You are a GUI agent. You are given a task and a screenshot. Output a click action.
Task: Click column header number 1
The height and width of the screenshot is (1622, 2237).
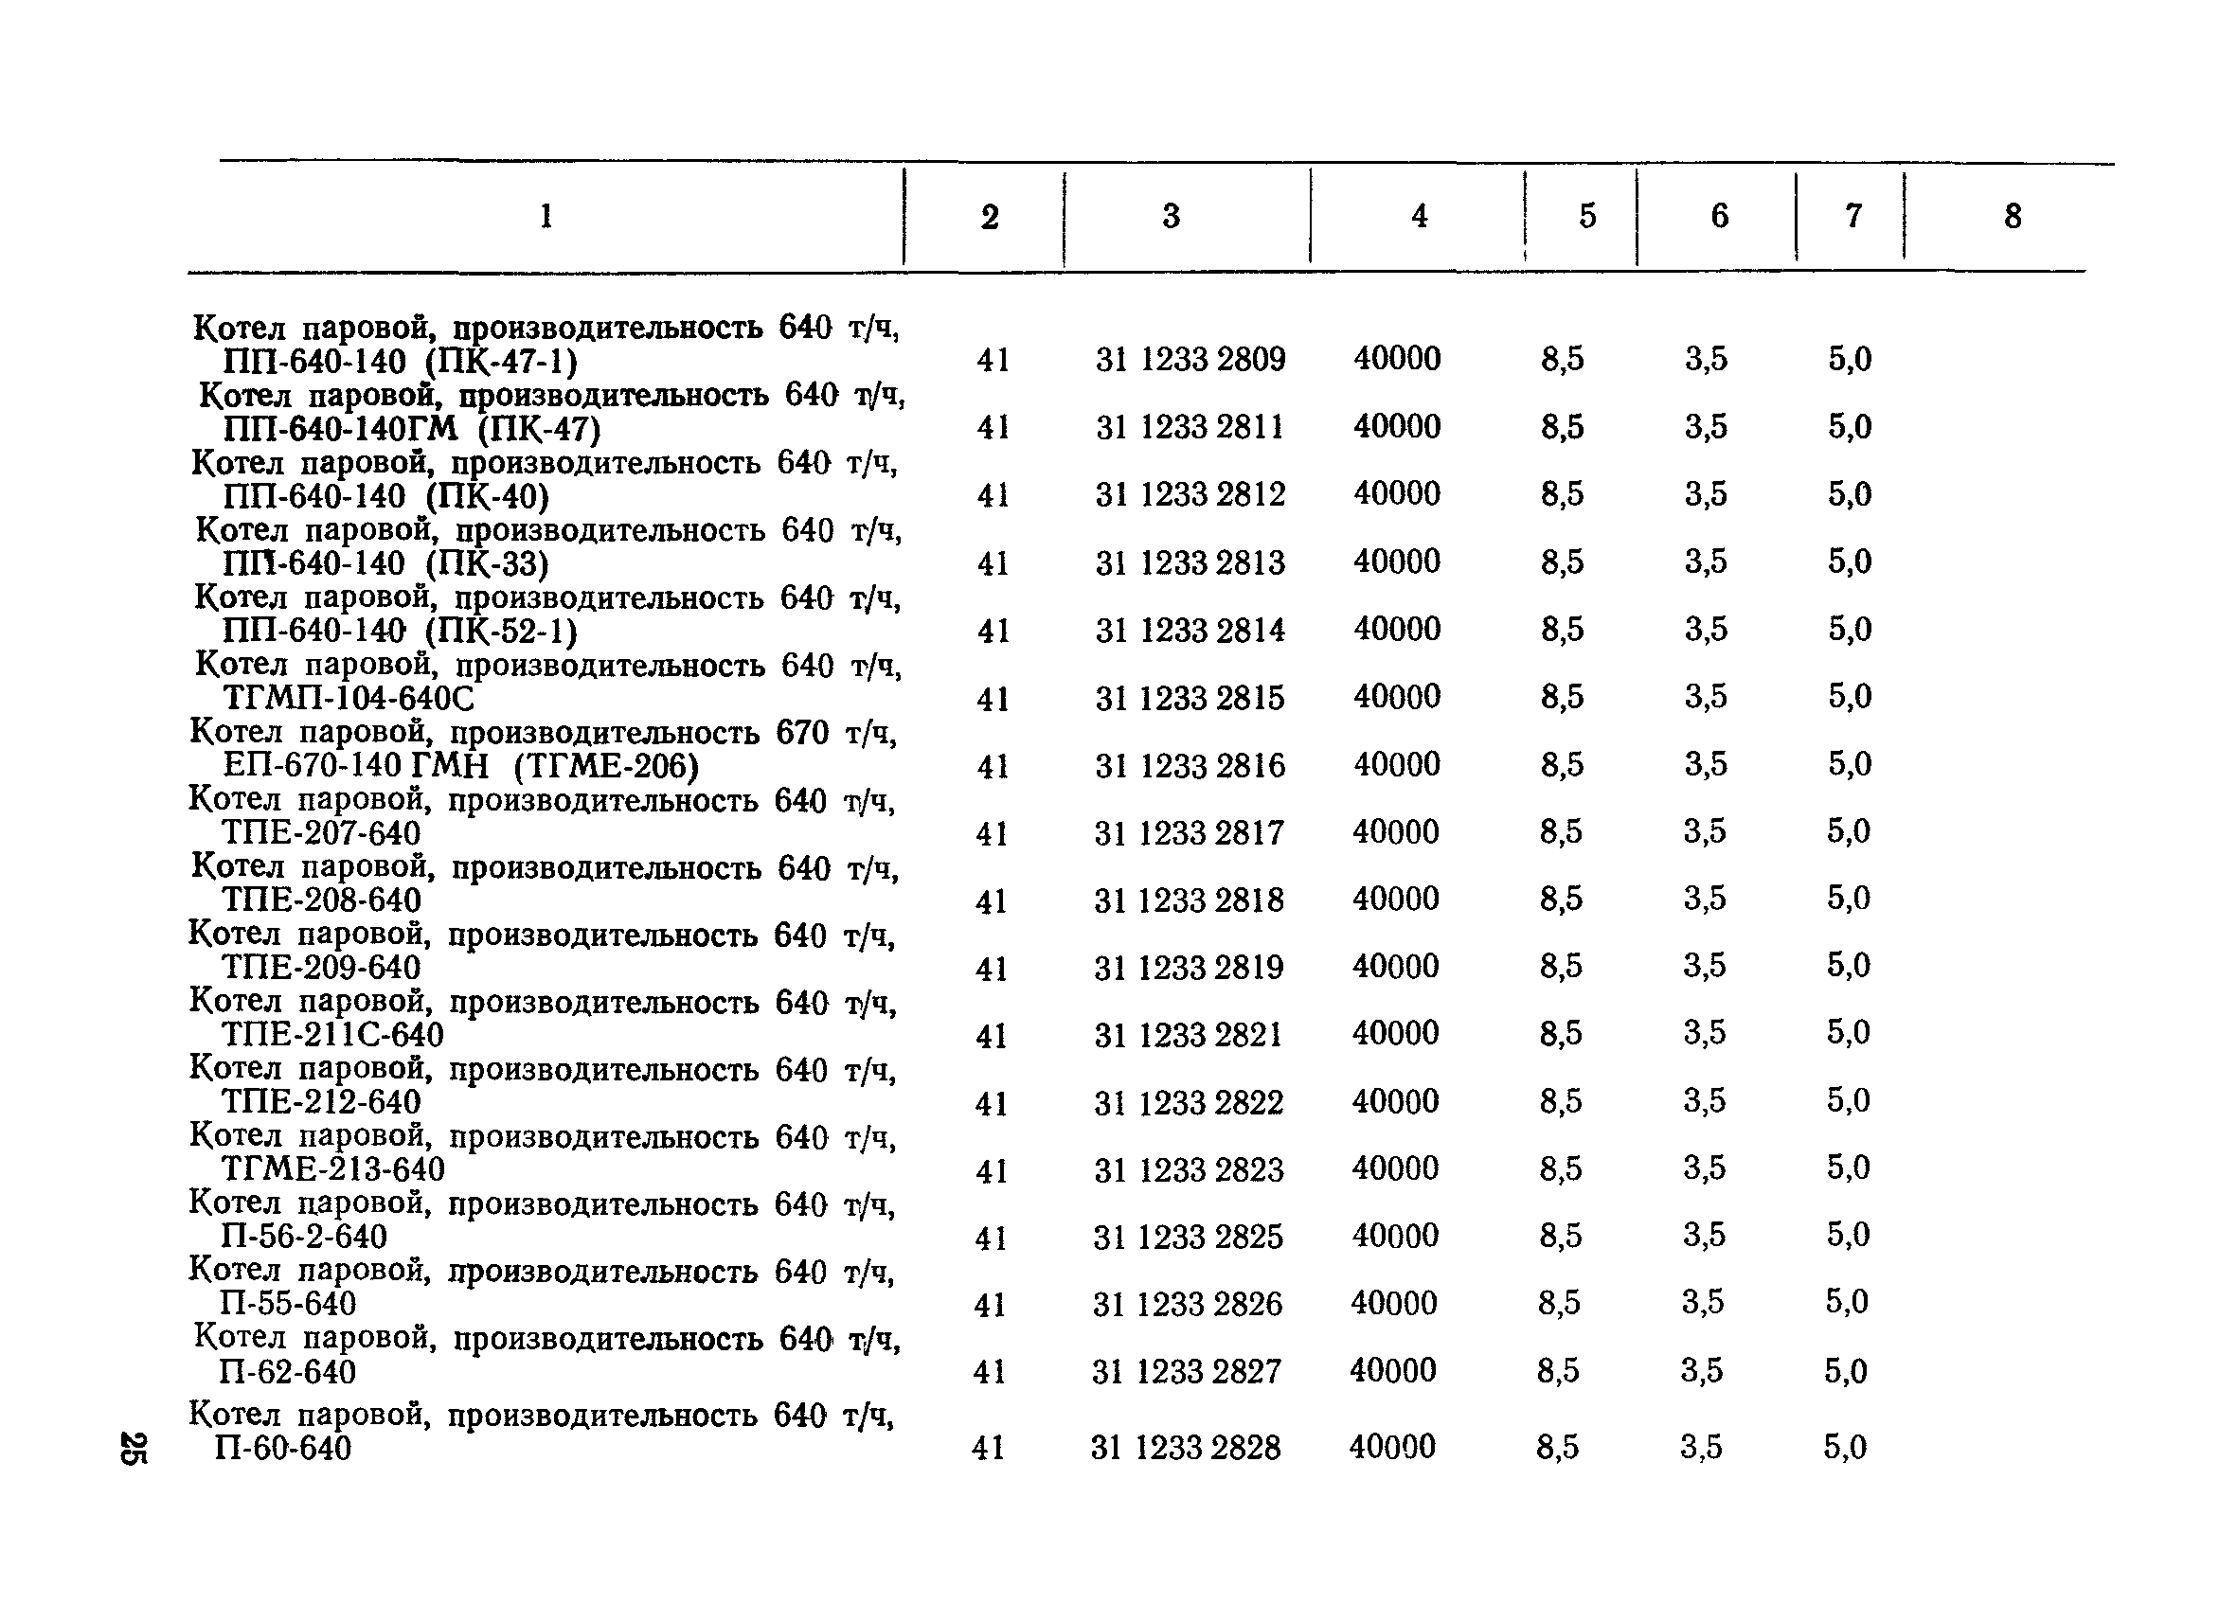tap(546, 216)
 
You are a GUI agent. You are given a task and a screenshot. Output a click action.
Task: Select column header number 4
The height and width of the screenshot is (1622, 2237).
tap(1419, 216)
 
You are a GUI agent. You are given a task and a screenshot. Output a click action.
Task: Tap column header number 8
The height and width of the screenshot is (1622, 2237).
tap(2013, 216)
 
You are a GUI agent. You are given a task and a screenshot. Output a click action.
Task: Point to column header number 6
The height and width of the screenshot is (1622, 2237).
tap(1719, 216)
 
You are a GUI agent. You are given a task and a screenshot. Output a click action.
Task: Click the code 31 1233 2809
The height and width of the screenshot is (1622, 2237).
tap(1190, 360)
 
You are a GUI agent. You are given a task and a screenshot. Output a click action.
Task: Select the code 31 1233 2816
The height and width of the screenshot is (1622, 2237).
tap(1190, 766)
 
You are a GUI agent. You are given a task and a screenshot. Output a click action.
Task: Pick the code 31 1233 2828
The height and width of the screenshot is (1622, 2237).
tap(1185, 1448)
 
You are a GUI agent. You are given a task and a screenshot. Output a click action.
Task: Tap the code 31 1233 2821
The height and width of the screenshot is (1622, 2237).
tap(1188, 1035)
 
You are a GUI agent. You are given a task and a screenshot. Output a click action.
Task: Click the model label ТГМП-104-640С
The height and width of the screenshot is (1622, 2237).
tap(349, 699)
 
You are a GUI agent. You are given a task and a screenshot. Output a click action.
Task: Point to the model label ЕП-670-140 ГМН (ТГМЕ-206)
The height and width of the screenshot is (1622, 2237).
tap(460, 766)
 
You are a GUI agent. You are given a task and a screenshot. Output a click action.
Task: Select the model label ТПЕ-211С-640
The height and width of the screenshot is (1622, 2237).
tap(332, 1035)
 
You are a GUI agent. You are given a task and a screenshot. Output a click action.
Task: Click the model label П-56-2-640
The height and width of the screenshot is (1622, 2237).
tap(304, 1237)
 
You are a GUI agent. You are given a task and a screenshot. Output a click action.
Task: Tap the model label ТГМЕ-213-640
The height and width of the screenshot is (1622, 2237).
tap(332, 1169)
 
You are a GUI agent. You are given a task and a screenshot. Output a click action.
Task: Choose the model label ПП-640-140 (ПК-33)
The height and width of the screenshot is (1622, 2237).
tap(385, 564)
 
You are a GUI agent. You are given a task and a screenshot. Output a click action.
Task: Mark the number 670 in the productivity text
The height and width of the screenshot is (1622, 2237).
tap(802, 734)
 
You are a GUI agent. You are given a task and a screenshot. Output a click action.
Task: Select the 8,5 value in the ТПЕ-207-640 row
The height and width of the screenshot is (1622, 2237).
tap(1561, 832)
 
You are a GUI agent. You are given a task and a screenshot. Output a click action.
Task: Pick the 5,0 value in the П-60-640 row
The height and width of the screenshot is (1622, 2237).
tap(1845, 1448)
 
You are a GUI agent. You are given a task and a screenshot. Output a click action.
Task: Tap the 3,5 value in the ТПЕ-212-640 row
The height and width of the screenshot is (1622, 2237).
tap(1705, 1101)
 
